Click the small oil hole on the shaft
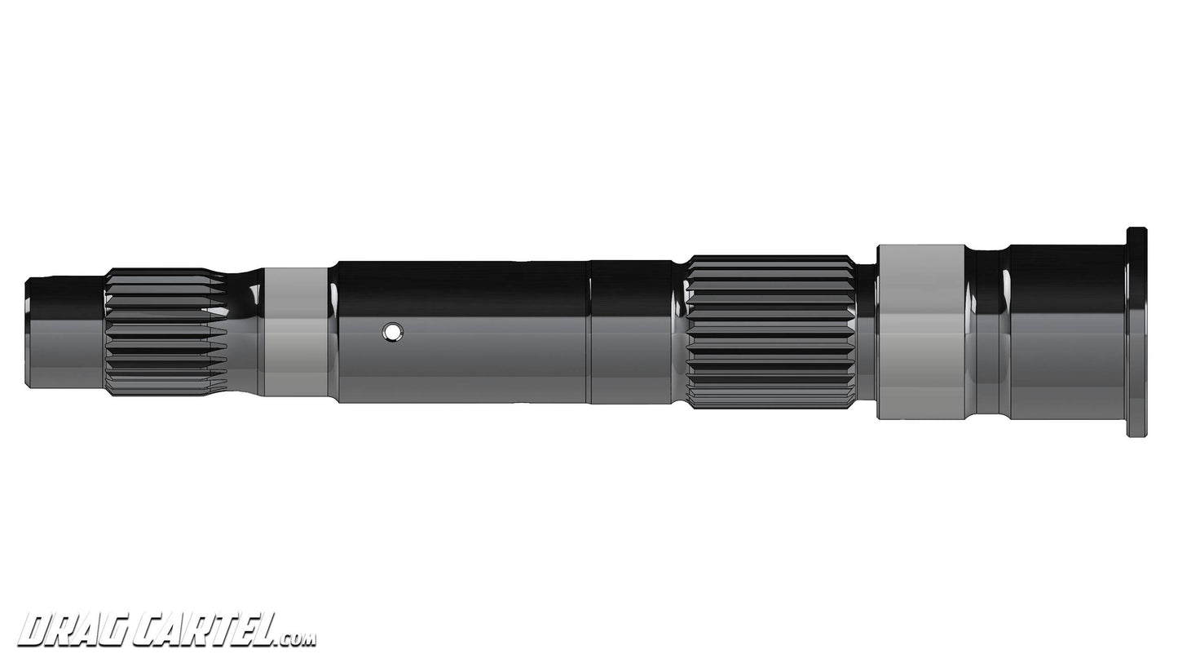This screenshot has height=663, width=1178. tap(393, 331)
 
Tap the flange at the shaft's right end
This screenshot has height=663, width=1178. tap(1136, 332)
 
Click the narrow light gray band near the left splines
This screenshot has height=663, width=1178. tap(296, 332)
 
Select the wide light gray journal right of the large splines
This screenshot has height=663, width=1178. tap(920, 332)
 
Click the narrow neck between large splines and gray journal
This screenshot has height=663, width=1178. tap(865, 332)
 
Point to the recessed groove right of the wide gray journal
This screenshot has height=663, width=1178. tap(988, 332)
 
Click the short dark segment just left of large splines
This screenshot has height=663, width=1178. tap(631, 332)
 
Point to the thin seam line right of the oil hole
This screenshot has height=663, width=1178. tap(588, 332)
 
